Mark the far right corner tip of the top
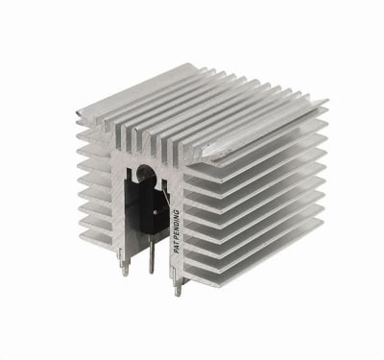(x=326, y=101)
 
